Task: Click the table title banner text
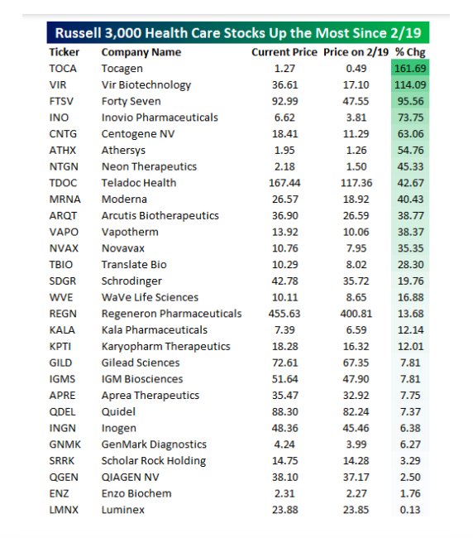coord(238,33)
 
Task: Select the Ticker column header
coord(64,52)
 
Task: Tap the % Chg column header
coord(410,52)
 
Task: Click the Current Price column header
coord(284,52)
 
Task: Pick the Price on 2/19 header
coord(356,52)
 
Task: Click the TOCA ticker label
coord(63,68)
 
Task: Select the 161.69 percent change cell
coord(410,68)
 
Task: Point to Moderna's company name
coord(124,199)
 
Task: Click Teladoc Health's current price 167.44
coord(284,183)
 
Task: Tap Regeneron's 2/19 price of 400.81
coord(356,314)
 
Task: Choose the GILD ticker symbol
coord(60,363)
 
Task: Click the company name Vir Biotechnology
coord(146,85)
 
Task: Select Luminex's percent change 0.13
coord(410,510)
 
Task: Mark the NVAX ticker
coord(64,248)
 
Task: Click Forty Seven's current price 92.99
coord(284,101)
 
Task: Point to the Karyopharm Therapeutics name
coord(166,347)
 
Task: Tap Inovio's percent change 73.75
coord(411,118)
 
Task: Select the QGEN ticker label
coord(64,478)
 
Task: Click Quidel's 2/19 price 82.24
coord(356,411)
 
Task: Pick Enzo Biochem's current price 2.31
coord(284,493)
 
